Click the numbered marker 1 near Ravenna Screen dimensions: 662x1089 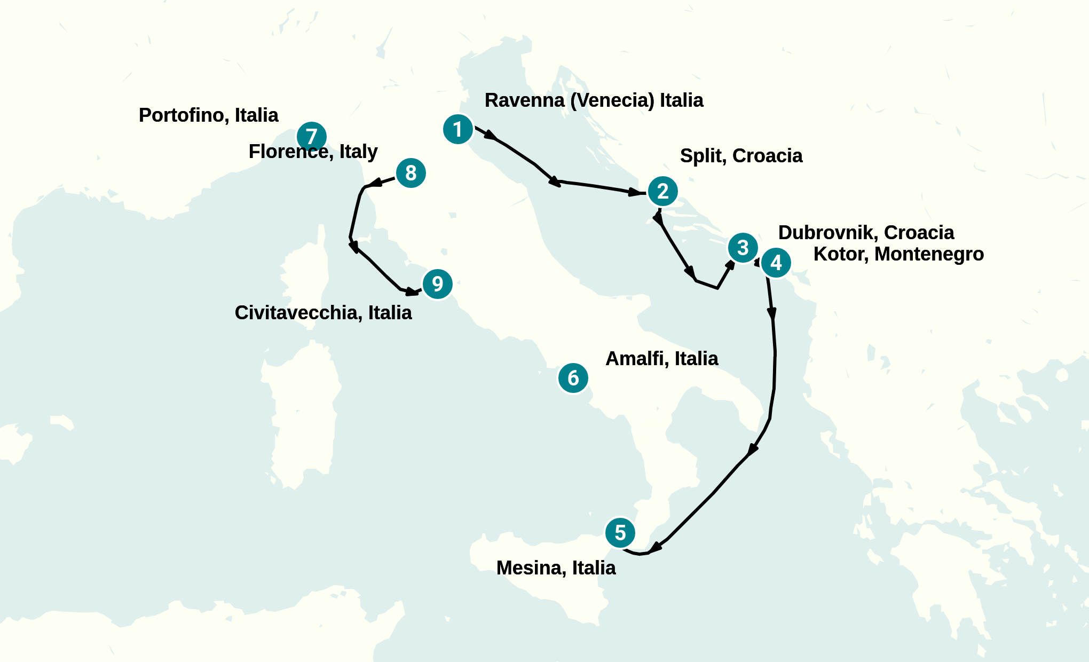click(458, 129)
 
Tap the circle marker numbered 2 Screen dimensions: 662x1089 click(663, 191)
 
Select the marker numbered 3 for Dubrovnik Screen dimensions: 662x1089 click(743, 248)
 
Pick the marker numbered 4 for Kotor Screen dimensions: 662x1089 click(776, 263)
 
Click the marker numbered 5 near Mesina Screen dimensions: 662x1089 click(620, 533)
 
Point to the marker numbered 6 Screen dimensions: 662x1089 click(573, 378)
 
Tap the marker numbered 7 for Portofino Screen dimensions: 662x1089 click(312, 137)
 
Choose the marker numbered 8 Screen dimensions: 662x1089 click(411, 173)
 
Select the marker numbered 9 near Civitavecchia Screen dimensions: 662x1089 click(438, 284)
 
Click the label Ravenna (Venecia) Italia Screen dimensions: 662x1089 click(594, 100)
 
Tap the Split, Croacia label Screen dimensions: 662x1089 click(741, 156)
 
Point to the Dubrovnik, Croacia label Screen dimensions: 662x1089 click(866, 233)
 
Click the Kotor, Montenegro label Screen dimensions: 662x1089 click(898, 254)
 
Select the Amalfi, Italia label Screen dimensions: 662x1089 click(661, 359)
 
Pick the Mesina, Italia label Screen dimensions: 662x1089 click(556, 568)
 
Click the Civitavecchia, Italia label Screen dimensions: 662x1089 click(323, 313)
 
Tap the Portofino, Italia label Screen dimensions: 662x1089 click(208, 115)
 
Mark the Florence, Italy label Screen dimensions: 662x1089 click(313, 152)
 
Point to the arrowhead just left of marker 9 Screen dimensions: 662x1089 click(412, 291)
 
